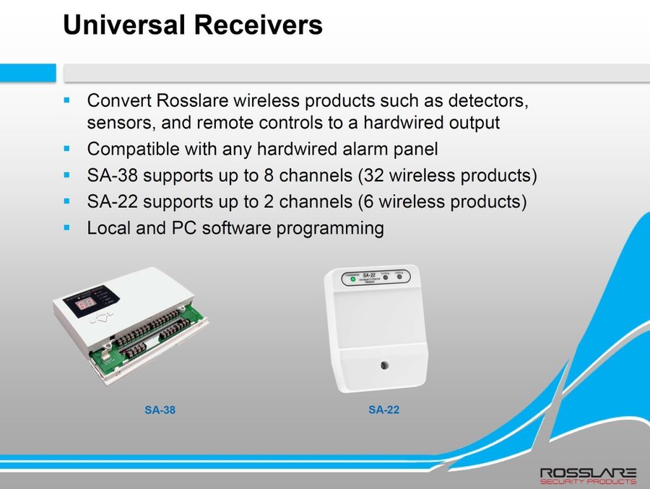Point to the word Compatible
tap(134, 150)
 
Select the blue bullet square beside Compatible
tap(67, 149)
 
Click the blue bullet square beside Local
tap(67, 228)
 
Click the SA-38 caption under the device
tap(160, 410)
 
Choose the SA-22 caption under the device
tap(383, 410)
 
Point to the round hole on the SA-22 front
tap(377, 365)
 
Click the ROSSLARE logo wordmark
tap(588, 472)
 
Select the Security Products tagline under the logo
tap(588, 482)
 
